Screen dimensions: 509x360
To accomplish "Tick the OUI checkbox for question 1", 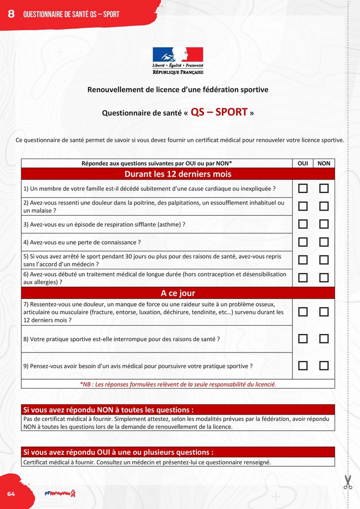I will tap(303, 188).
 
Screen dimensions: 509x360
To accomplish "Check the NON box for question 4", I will tap(324, 242).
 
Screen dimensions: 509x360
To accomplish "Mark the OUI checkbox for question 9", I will tap(303, 366).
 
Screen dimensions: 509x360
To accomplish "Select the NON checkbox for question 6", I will tap(324, 278).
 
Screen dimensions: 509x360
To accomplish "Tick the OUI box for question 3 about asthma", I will tap(303, 224).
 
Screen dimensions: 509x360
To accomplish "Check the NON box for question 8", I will tap(324, 339).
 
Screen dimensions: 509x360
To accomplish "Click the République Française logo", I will tap(178, 61).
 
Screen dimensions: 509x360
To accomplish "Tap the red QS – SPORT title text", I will tap(219, 112).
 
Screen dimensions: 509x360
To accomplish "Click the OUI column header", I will tap(302, 163).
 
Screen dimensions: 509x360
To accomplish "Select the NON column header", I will tap(324, 163).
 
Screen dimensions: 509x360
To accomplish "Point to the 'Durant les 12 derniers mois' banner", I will tap(178, 174).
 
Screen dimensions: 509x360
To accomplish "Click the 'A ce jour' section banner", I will tap(178, 293).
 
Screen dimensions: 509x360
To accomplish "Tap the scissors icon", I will tap(348, 482).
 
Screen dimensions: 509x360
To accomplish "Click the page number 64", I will tap(11, 493).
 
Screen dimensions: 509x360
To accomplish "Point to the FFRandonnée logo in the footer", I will tap(60, 493).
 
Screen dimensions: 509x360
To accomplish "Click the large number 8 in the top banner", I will tap(11, 14).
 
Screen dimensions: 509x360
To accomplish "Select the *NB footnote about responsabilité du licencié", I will tap(178, 384).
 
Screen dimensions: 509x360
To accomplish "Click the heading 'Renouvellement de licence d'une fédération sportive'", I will tap(178, 90).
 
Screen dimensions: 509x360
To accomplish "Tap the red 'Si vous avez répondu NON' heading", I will tap(108, 410).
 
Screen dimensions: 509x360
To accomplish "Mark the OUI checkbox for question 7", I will tap(303, 312).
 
